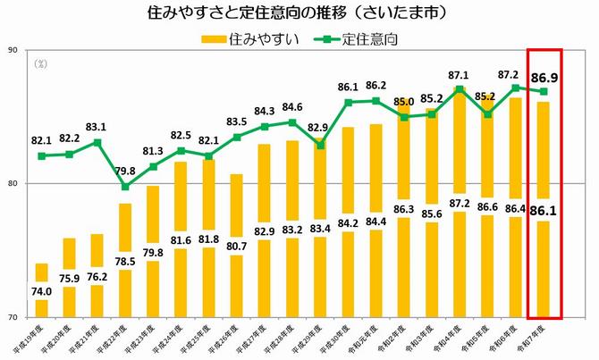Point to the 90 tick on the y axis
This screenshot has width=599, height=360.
[13, 50]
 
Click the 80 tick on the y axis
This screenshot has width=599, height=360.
[13, 184]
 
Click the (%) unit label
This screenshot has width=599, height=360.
[40, 64]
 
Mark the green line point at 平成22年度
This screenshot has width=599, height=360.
[125, 187]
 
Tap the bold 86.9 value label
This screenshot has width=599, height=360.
[544, 79]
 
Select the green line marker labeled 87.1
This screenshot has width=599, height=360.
[460, 88]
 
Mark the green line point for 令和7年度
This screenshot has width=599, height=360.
[544, 91]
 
